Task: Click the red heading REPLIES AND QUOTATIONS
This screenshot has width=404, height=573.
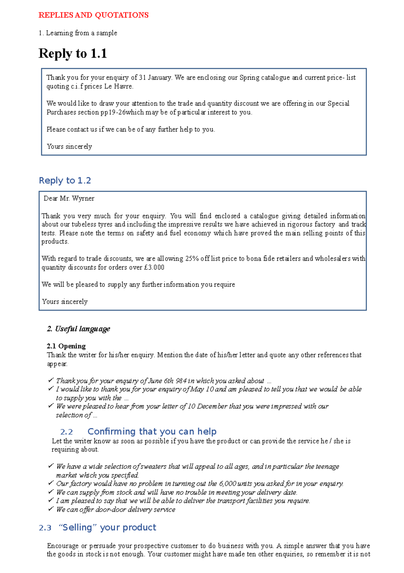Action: [x=93, y=15]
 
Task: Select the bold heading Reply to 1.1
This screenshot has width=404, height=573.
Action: [x=73, y=54]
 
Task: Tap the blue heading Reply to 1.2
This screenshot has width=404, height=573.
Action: [x=65, y=181]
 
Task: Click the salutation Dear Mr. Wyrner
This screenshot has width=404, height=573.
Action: [x=69, y=198]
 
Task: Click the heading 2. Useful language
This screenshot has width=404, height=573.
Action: [x=78, y=329]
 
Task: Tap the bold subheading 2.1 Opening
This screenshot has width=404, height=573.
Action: [x=66, y=346]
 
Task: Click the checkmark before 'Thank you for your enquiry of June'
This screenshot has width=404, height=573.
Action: [x=51, y=380]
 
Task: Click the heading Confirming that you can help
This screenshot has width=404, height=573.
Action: [x=152, y=432]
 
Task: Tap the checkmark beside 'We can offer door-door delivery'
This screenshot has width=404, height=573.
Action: [x=51, y=509]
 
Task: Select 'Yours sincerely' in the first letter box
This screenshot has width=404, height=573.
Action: [x=69, y=147]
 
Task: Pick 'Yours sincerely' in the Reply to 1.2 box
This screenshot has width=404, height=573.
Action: [x=65, y=302]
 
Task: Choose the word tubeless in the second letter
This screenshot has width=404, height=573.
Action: [x=83, y=224]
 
